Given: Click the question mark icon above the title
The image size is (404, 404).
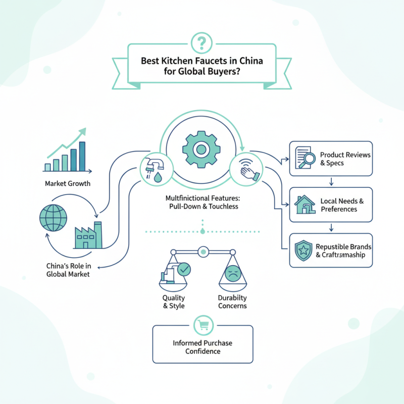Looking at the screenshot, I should click(x=202, y=40).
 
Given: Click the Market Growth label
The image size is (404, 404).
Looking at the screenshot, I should click(x=67, y=183).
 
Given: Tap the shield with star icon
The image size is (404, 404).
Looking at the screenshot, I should click(x=303, y=250).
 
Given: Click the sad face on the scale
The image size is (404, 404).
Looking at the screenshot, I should click(x=232, y=273).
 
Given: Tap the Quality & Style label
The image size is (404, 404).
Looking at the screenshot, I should click(x=173, y=302).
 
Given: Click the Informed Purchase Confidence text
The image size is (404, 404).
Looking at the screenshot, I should click(x=202, y=347).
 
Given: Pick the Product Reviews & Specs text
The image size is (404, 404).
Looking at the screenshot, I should click(x=345, y=159).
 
